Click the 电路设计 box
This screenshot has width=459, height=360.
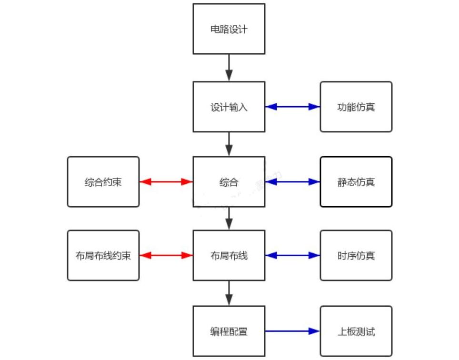coord(229,29)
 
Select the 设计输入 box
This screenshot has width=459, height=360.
coord(229,107)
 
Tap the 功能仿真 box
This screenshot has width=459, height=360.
coord(356,107)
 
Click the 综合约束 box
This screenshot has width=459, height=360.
coord(103,182)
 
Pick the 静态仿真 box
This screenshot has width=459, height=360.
coord(356,182)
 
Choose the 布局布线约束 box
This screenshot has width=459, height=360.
coord(103,256)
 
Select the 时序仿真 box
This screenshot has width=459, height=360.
coord(356,256)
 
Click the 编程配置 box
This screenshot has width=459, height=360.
coord(229,331)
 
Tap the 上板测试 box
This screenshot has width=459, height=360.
coord(356,331)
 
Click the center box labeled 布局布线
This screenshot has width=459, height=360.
coord(229,256)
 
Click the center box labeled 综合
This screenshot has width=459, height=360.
coord(229,182)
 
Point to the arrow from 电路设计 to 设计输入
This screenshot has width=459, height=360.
coord(229,67)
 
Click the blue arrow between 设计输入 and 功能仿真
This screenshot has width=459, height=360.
coord(292,107)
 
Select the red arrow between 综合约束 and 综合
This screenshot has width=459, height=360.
coord(166,182)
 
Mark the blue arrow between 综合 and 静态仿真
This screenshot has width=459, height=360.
coord(292,182)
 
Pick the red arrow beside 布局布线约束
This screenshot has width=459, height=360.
coord(166,256)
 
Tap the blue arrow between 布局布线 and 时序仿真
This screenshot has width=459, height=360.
coord(292,256)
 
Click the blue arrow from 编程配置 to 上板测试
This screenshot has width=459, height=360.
coord(292,331)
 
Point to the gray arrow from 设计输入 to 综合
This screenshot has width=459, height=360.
coord(229,143)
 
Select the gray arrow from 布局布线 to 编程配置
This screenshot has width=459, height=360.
coord(229,293)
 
